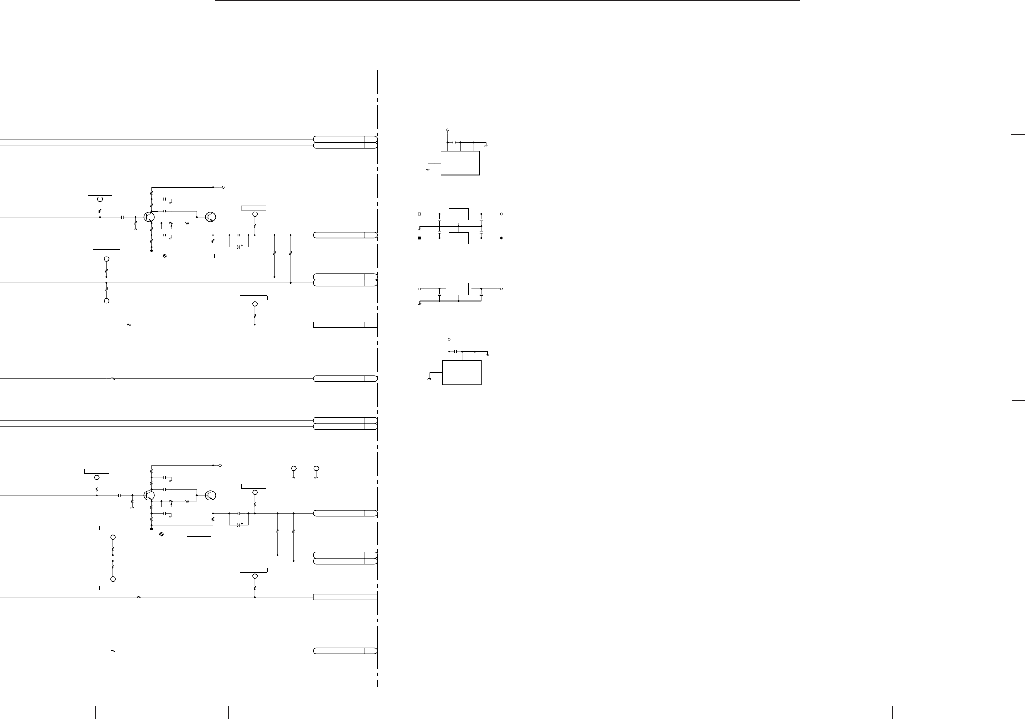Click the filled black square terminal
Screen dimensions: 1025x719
tap(419, 238)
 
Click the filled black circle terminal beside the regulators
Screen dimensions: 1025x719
tap(501, 238)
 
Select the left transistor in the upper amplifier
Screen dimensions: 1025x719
tap(150, 217)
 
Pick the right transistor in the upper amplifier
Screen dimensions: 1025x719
tap(210, 217)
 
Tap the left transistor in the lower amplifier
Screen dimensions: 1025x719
tap(150, 495)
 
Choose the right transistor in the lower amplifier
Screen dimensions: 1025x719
tap(210, 495)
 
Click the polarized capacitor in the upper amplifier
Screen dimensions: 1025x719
tap(240, 246)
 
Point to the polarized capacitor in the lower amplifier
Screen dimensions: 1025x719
tap(240, 524)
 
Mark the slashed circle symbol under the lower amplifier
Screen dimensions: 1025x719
tap(161, 535)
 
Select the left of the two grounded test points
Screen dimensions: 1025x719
tap(294, 469)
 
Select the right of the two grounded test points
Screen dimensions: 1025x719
tap(316, 469)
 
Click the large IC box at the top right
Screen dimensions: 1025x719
tap(460, 163)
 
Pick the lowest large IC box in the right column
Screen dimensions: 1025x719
tap(462, 373)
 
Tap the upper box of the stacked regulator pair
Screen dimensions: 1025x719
tap(459, 214)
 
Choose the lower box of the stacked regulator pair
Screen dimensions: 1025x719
tap(459, 238)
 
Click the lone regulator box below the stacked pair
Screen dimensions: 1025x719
tap(459, 289)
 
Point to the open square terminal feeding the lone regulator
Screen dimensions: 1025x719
tap(419, 289)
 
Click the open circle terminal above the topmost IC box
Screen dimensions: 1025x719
tap(447, 129)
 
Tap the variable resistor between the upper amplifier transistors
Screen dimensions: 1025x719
tap(171, 224)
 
